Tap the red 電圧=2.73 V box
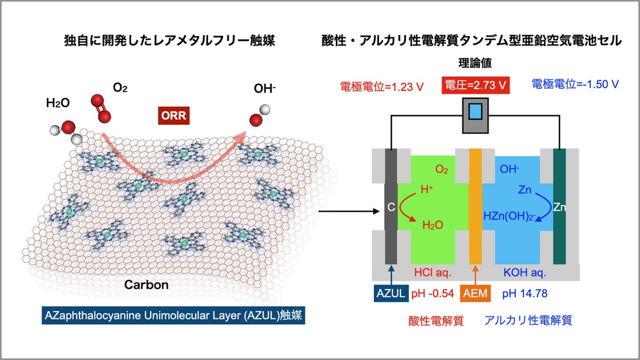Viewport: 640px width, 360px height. coord(473,85)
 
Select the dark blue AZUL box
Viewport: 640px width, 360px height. coord(391,293)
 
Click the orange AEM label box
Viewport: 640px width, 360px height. coord(475,293)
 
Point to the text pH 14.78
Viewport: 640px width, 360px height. coord(525,293)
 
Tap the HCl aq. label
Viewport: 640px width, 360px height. coord(433,273)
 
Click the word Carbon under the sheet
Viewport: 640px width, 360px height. coord(146,285)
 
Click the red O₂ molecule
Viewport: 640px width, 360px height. coord(100,110)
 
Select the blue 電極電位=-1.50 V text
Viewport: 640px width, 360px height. coord(575,84)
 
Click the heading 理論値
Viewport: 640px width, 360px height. coord(473,63)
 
